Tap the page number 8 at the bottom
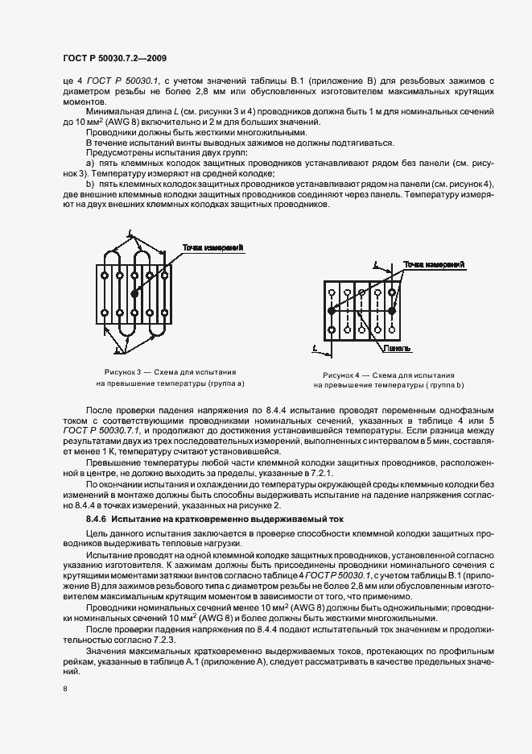[x=64, y=689]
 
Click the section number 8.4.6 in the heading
[x=101, y=520]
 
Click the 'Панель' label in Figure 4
[x=398, y=350]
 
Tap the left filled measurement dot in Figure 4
[x=331, y=310]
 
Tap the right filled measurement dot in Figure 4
[x=392, y=310]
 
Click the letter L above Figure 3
[x=129, y=234]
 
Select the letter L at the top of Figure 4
[x=377, y=263]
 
